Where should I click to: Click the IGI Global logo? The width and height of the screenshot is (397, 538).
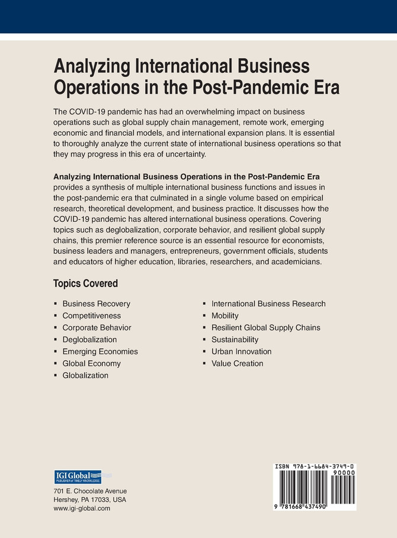78,477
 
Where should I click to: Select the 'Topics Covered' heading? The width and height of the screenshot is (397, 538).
85,284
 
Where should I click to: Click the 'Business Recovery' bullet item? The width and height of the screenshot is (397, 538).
96,304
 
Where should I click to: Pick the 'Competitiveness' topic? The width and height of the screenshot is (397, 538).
91,316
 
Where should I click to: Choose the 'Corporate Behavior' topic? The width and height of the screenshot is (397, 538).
97,327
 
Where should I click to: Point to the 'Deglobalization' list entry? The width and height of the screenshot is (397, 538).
89,339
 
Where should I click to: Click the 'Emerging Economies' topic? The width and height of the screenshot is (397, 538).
100,351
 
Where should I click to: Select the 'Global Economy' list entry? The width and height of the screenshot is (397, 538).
91,363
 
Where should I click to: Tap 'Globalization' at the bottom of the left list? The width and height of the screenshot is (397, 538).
85,375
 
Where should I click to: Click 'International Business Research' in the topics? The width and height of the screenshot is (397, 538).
268,304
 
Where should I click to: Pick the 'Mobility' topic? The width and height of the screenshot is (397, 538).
225,316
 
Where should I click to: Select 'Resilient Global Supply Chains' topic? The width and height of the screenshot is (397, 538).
265,327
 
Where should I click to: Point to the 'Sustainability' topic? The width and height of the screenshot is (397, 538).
235,339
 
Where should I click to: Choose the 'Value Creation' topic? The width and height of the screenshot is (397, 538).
237,363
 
